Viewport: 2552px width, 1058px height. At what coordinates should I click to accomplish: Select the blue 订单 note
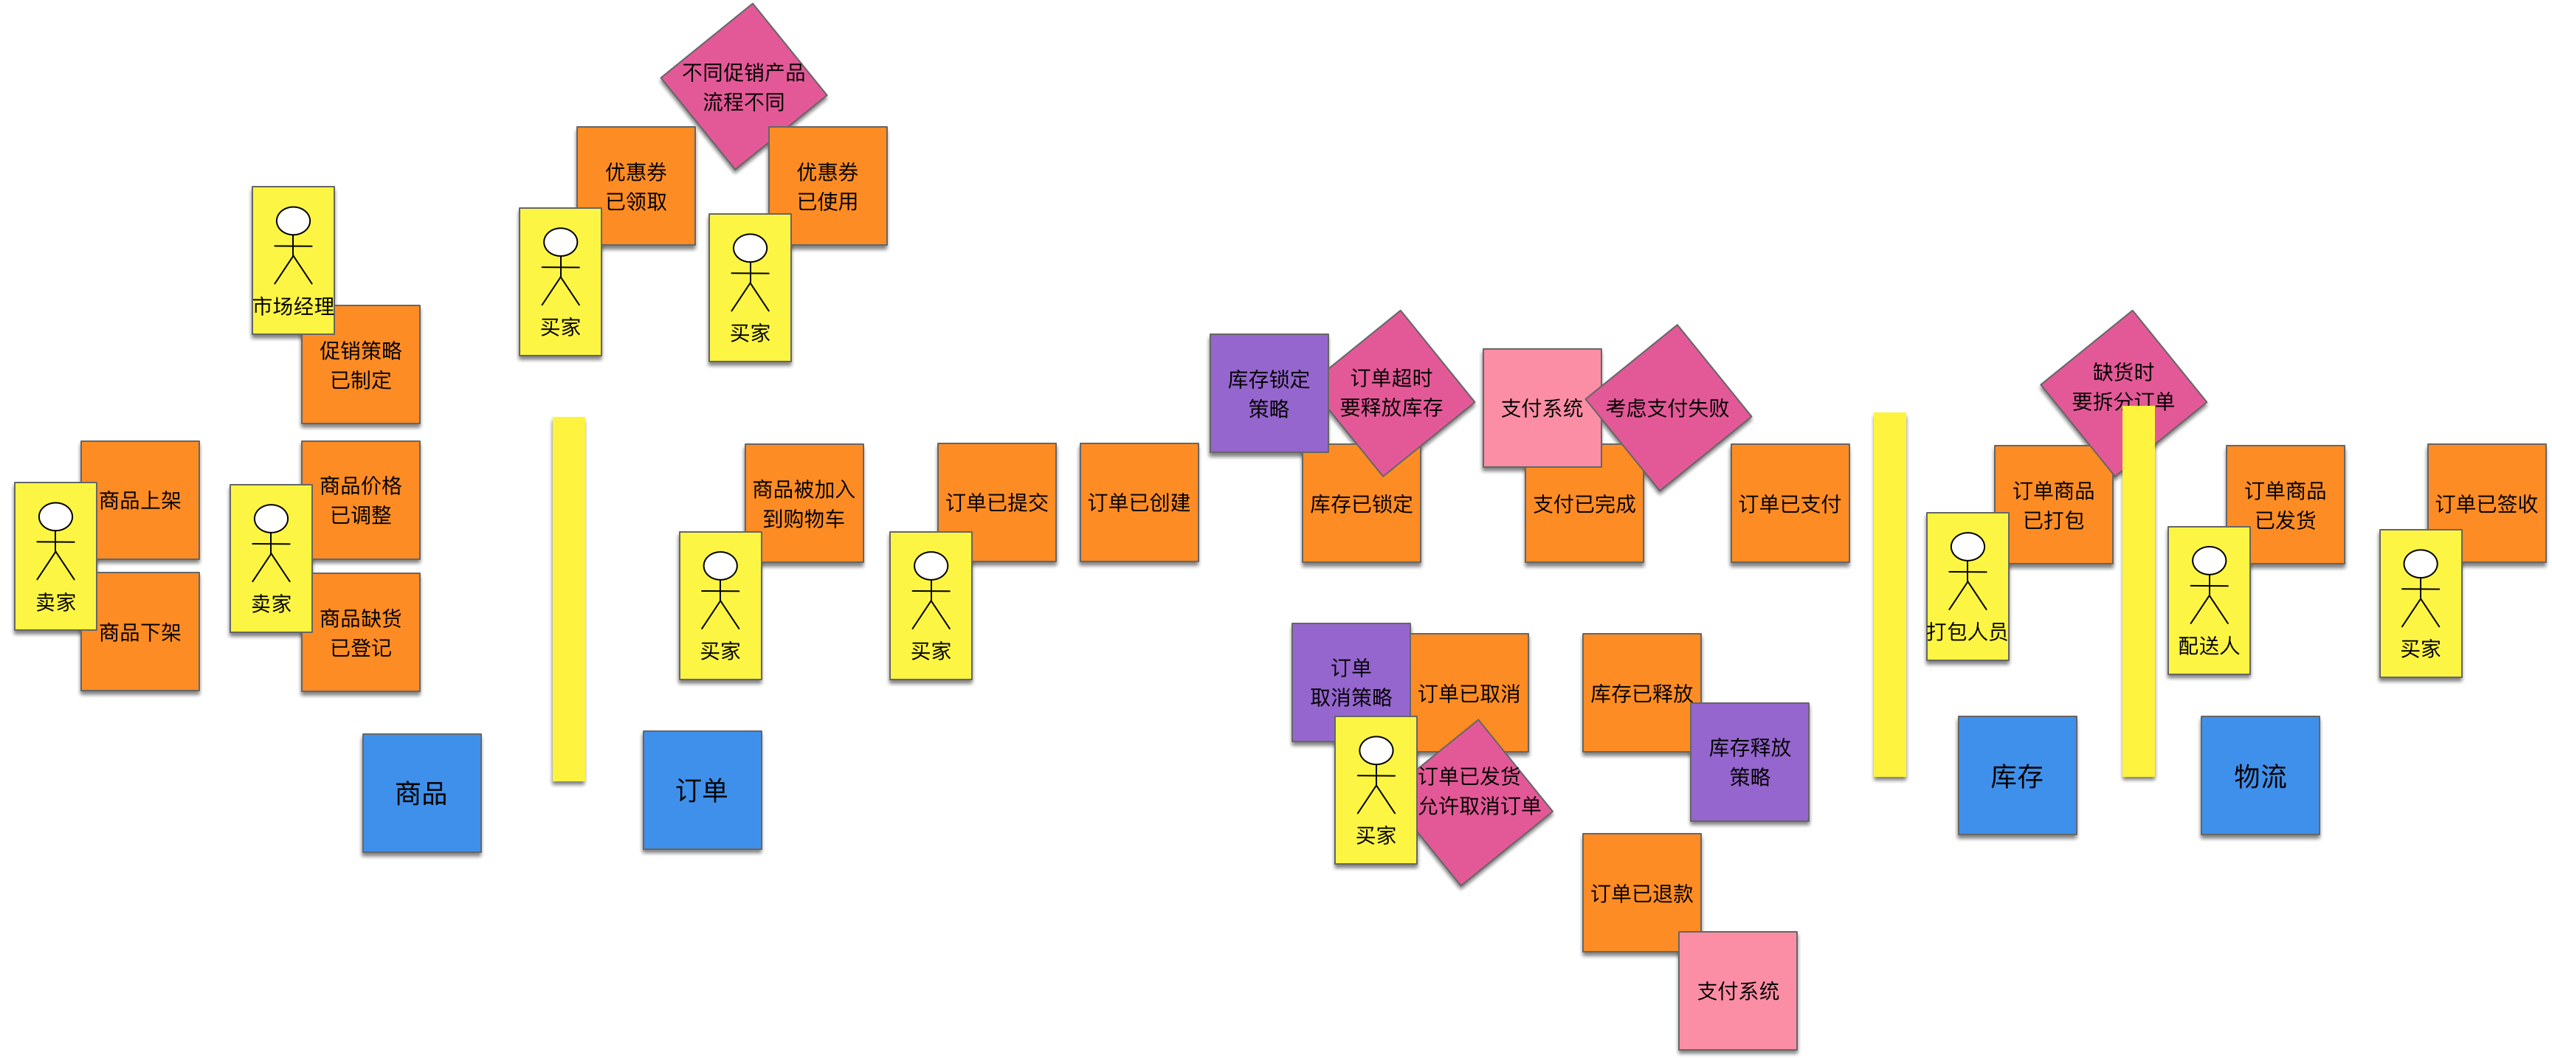[x=701, y=789]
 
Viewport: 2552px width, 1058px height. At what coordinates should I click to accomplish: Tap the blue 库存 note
[x=2016, y=775]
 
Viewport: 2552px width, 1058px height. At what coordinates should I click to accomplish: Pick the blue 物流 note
[x=2260, y=775]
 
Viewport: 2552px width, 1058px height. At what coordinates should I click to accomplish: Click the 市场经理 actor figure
[x=292, y=260]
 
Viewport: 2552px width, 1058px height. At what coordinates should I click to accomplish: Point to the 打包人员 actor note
[x=1967, y=587]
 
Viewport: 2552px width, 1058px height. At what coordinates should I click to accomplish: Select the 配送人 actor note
[x=2208, y=601]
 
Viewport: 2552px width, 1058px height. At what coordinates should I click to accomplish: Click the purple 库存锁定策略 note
[x=1268, y=393]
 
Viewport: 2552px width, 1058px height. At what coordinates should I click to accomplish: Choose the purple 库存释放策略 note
[x=1750, y=763]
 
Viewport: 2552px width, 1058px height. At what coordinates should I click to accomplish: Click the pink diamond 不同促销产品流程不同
[x=743, y=86]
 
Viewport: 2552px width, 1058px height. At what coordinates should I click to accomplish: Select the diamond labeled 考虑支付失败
[x=1669, y=408]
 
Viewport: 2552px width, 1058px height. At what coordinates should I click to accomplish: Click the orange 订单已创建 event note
[x=1138, y=502]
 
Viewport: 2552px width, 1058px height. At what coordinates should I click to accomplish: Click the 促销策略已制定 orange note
[x=361, y=365]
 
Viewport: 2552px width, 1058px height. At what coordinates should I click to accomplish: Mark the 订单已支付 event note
[x=1789, y=503]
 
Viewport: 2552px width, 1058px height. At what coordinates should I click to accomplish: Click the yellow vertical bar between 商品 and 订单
[x=569, y=599]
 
